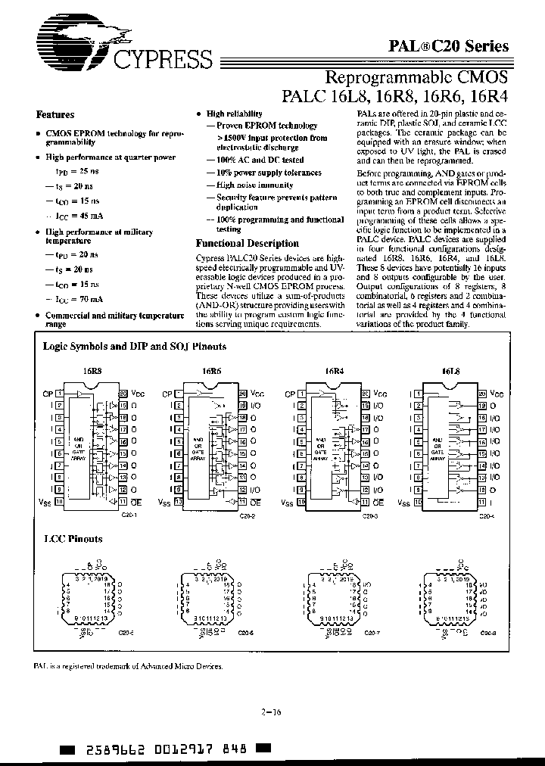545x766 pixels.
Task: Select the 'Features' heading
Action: click(x=56, y=115)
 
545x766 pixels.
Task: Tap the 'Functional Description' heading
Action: click(x=247, y=244)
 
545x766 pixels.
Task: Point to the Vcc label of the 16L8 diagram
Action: click(x=497, y=394)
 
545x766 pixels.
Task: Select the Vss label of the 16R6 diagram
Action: click(x=163, y=502)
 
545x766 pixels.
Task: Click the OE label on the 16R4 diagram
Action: click(x=378, y=502)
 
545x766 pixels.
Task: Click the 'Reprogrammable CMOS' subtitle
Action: click(x=416, y=76)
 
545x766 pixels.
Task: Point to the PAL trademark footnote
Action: click(x=129, y=667)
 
